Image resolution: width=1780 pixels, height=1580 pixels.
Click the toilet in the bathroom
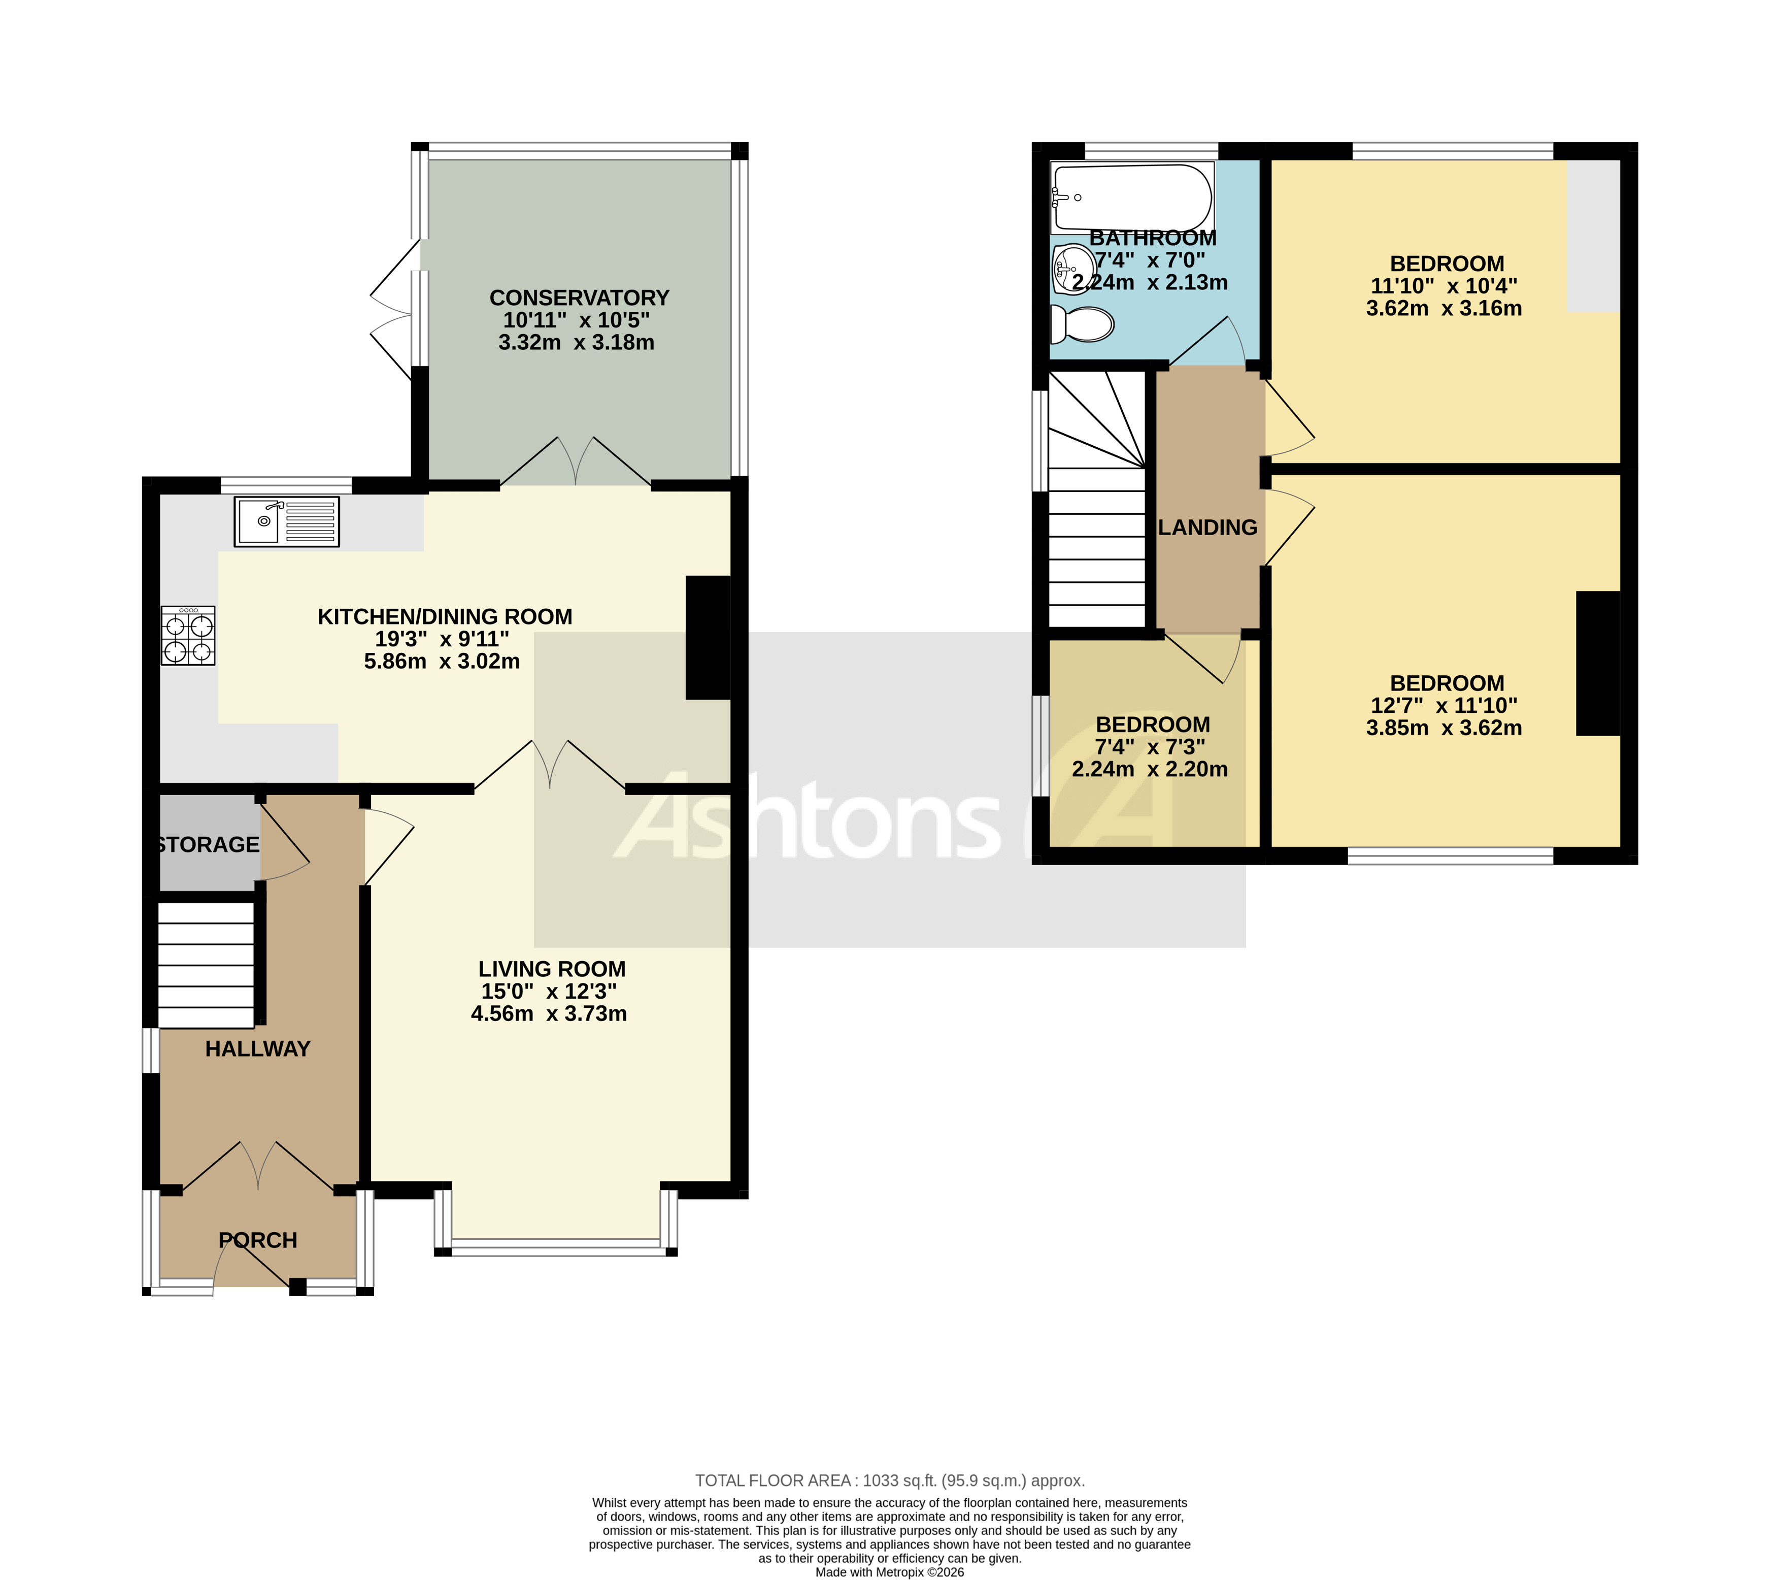[x=1083, y=325]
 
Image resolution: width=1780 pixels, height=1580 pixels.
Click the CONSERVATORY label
[x=579, y=298]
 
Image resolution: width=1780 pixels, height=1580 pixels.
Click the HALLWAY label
[x=258, y=1049]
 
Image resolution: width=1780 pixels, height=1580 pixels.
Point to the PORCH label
[x=258, y=1239]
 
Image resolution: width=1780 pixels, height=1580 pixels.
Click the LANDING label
[x=1208, y=527]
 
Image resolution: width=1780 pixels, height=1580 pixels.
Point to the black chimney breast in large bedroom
[x=1598, y=663]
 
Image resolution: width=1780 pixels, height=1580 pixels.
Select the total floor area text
[x=889, y=1480]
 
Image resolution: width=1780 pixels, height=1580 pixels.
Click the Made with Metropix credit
[x=889, y=1572]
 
